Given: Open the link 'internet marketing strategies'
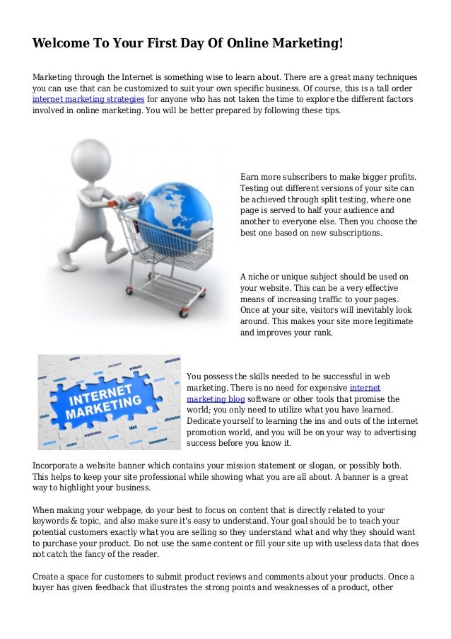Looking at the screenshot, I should [89, 100].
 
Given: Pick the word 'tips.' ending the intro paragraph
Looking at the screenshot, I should [329, 111].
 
